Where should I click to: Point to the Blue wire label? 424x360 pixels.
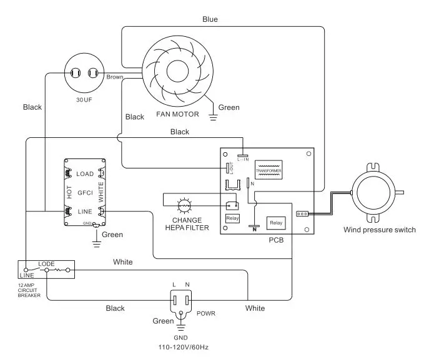pos(210,19)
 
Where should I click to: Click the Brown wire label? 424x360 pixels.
pos(114,77)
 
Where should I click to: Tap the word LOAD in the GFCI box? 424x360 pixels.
pos(84,173)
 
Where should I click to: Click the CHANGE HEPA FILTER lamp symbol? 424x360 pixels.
pos(184,205)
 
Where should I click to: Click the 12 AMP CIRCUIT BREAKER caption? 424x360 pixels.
pos(29,290)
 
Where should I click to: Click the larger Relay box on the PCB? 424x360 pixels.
pos(275,223)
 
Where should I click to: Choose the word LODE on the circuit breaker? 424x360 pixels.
pos(47,264)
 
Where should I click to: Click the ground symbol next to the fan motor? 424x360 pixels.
pos(213,114)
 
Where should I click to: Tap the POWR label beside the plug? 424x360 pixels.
pos(205,313)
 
